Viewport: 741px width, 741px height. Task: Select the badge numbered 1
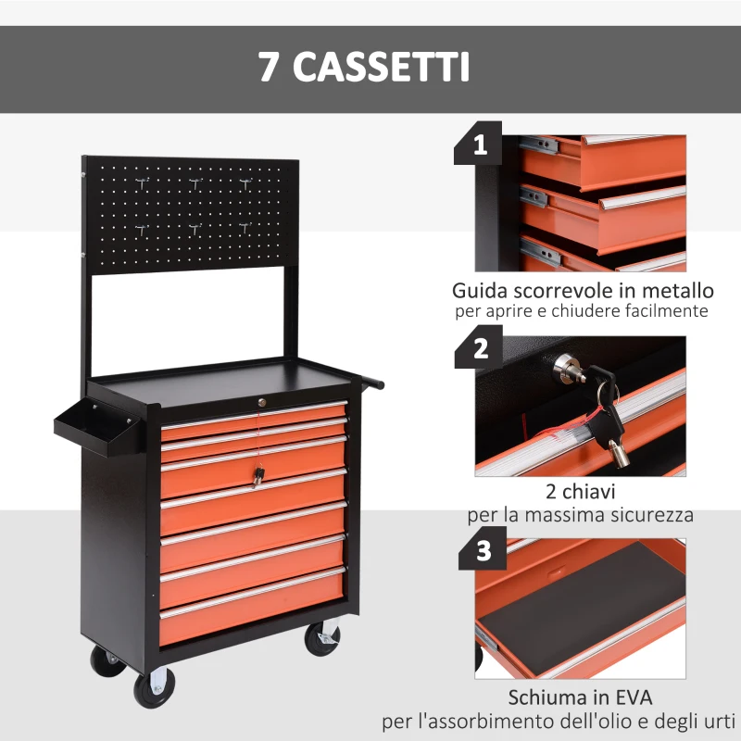pos(478,146)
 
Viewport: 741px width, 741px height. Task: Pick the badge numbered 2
pos(480,349)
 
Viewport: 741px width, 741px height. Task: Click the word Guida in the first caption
pos(481,291)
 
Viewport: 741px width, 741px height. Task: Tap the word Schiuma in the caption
pos(542,697)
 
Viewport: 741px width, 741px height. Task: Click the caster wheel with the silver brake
pos(322,638)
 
